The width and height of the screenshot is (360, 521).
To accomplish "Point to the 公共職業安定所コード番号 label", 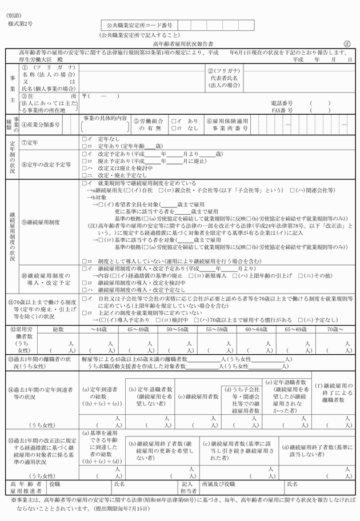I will point(139,26).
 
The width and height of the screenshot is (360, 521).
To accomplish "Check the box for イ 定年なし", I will point(84,139).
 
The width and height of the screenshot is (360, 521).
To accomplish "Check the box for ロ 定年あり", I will point(84,146).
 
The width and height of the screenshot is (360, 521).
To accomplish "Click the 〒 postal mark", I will point(85,95).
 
